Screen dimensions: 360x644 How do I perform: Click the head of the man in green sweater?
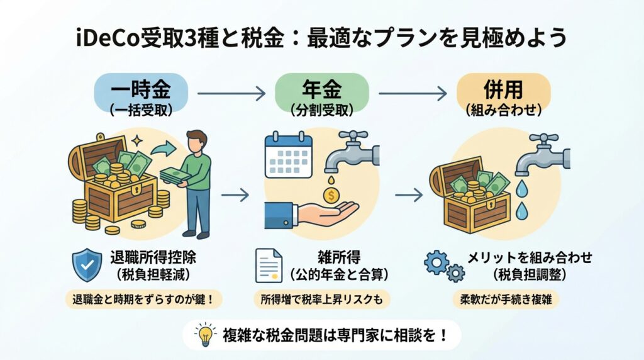point(197,141)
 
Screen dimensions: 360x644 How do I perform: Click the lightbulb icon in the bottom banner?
point(204,334)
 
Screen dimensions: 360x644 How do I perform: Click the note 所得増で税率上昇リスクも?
point(321,299)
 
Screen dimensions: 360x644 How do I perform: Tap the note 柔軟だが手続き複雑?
point(502,299)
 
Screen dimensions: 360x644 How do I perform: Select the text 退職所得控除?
point(147,257)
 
